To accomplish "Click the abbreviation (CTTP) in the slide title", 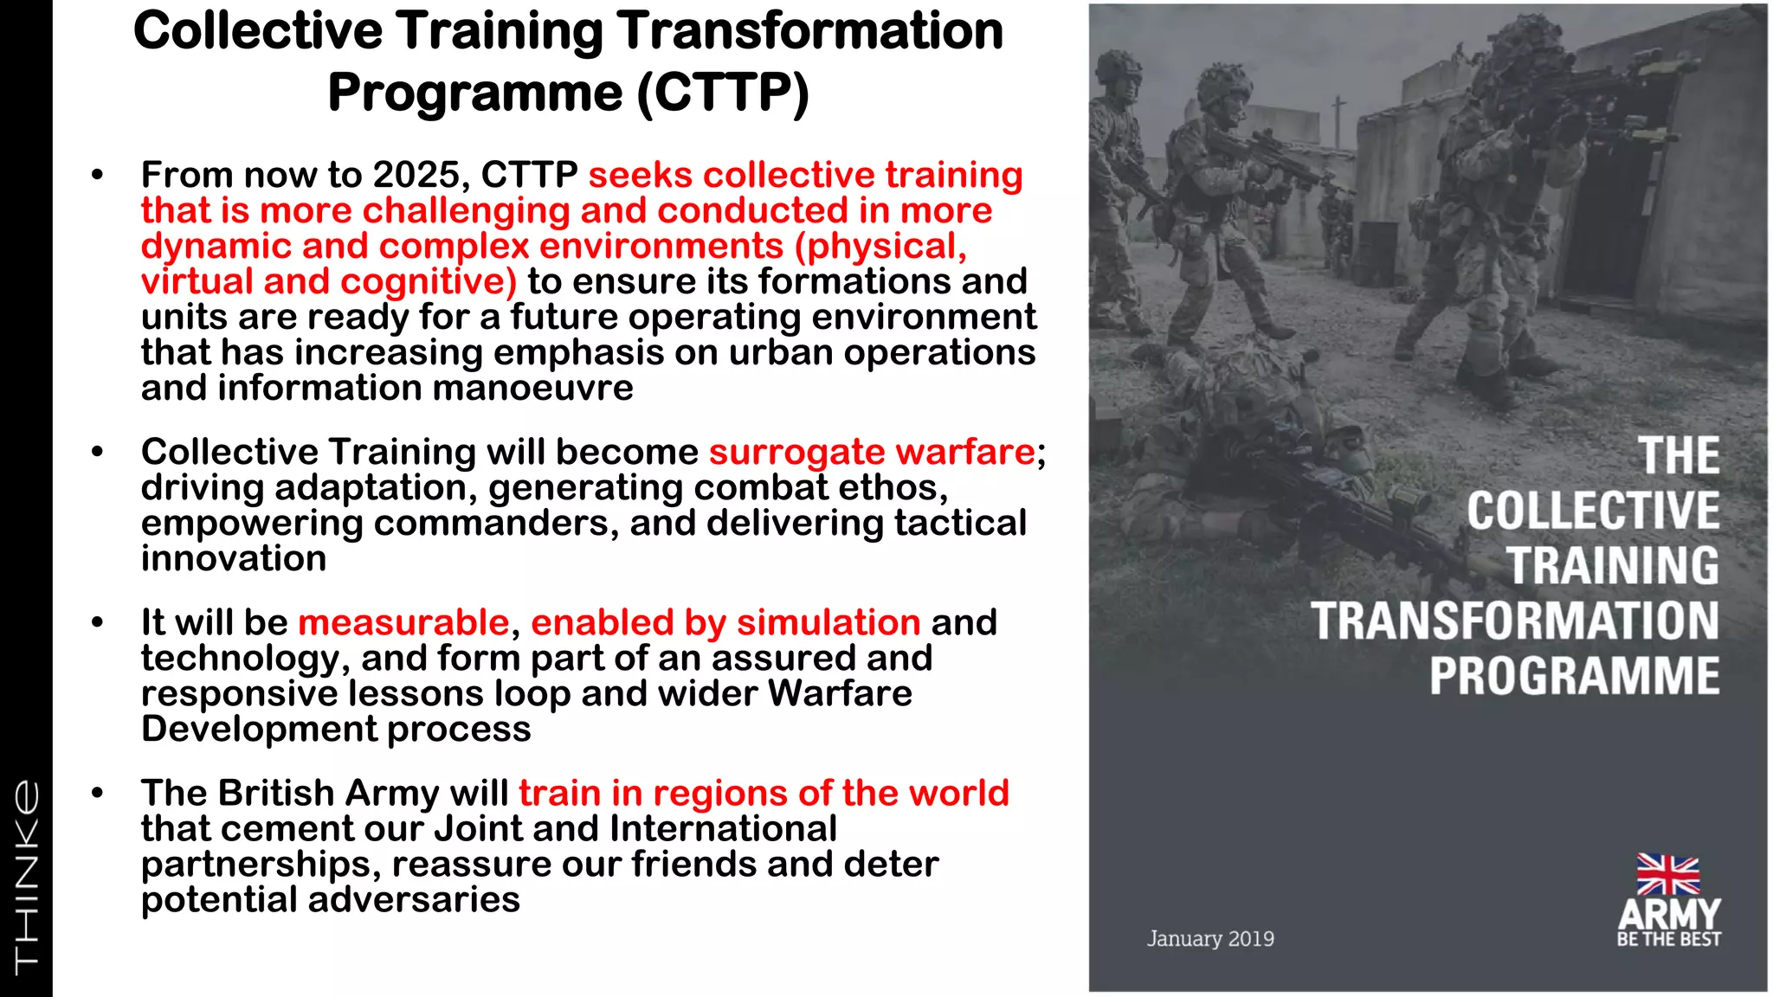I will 723,93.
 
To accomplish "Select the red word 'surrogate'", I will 796,452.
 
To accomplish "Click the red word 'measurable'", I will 403,622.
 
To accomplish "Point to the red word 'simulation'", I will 828,622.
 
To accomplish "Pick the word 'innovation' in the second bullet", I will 234,558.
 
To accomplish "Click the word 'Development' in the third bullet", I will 259,729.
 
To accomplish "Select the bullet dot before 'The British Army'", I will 97,793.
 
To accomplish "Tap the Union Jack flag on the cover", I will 1667,874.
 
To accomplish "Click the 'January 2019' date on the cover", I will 1210,939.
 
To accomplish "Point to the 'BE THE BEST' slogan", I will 1668,940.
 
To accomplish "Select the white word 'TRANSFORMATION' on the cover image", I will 1514,621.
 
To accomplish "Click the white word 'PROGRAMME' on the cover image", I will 1574,676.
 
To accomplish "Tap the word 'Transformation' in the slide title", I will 809,31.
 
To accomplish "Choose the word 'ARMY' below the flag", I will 1669,914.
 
